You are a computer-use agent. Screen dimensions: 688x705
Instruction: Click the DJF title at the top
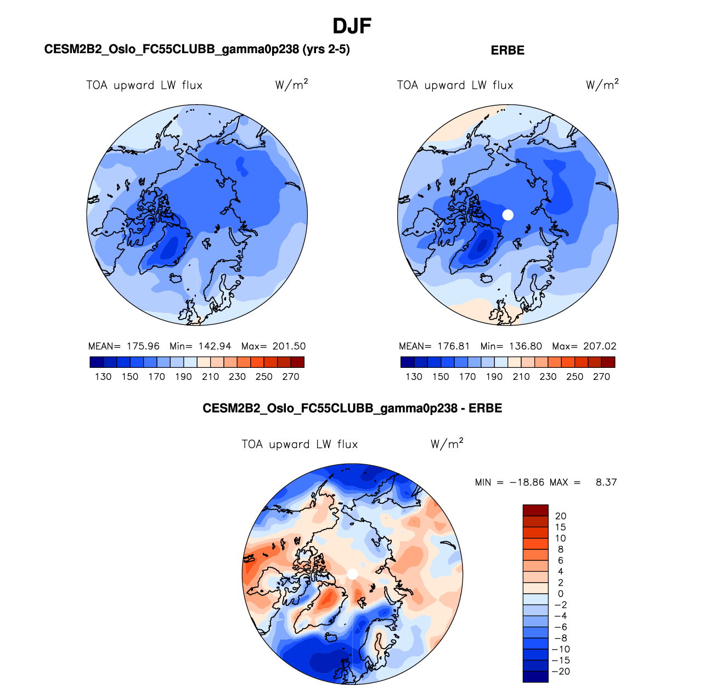pyautogui.click(x=352, y=26)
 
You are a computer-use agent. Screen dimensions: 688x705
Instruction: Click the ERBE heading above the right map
pyautogui.click(x=507, y=50)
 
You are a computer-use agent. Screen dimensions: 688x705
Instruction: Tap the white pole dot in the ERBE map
pyautogui.click(x=508, y=215)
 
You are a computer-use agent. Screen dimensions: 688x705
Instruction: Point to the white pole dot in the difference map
pyautogui.click(x=353, y=574)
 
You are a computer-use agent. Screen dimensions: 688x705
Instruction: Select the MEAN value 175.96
pyautogui.click(x=143, y=346)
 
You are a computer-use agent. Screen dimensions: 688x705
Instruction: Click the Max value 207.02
pyautogui.click(x=600, y=346)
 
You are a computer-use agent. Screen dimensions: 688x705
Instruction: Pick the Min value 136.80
pyautogui.click(x=526, y=346)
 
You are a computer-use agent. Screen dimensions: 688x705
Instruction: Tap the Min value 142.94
pyautogui.click(x=215, y=346)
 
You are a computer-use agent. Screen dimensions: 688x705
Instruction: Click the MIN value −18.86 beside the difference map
pyautogui.click(x=527, y=482)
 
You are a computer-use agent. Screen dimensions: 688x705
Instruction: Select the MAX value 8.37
pyautogui.click(x=606, y=482)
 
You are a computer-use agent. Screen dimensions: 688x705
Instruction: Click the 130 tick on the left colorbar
pyautogui.click(x=103, y=377)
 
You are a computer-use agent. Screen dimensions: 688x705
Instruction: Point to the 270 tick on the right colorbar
pyautogui.click(x=601, y=377)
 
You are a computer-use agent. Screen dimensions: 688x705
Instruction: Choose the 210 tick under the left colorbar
pyautogui.click(x=210, y=377)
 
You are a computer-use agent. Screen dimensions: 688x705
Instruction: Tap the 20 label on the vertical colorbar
pyautogui.click(x=561, y=516)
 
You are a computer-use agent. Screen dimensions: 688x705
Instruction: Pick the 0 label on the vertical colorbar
pyautogui.click(x=561, y=594)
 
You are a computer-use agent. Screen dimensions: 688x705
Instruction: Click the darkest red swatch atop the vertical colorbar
pyautogui.click(x=535, y=510)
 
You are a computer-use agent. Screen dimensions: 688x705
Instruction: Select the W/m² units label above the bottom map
pyautogui.click(x=447, y=443)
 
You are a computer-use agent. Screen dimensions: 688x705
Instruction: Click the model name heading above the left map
pyautogui.click(x=197, y=49)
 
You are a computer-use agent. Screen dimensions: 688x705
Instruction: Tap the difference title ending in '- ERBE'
pyautogui.click(x=352, y=408)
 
